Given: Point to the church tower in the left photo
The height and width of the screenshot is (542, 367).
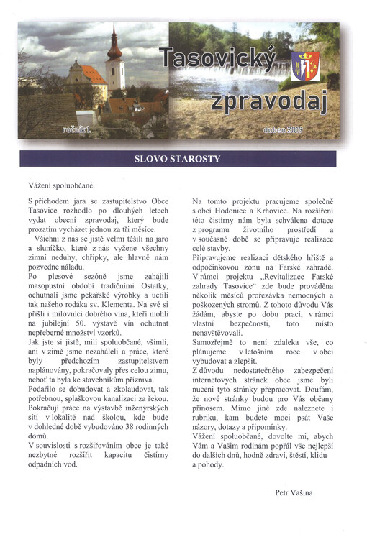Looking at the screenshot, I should (x=114, y=61).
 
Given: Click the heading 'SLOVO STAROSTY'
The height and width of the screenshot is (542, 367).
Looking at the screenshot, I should (x=176, y=158).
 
